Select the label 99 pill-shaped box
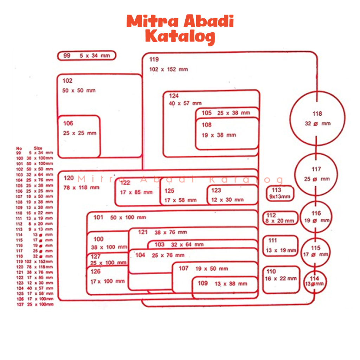pos(86,56)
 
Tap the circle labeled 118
pos(317,118)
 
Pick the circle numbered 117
pos(316,174)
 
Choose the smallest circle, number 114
pos(315,282)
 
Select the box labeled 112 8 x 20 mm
pos(280,218)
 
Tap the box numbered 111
pos(280,246)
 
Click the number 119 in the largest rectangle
pos(154,59)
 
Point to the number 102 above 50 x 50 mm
pos(67,81)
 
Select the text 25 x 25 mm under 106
pos(79,133)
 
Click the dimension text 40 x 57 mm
pos(185,103)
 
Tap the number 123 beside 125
pos(216,191)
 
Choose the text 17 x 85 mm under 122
pos(136,192)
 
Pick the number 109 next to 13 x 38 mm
pos(202,283)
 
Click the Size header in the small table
pos(38,148)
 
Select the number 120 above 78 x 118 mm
pos(69,178)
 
